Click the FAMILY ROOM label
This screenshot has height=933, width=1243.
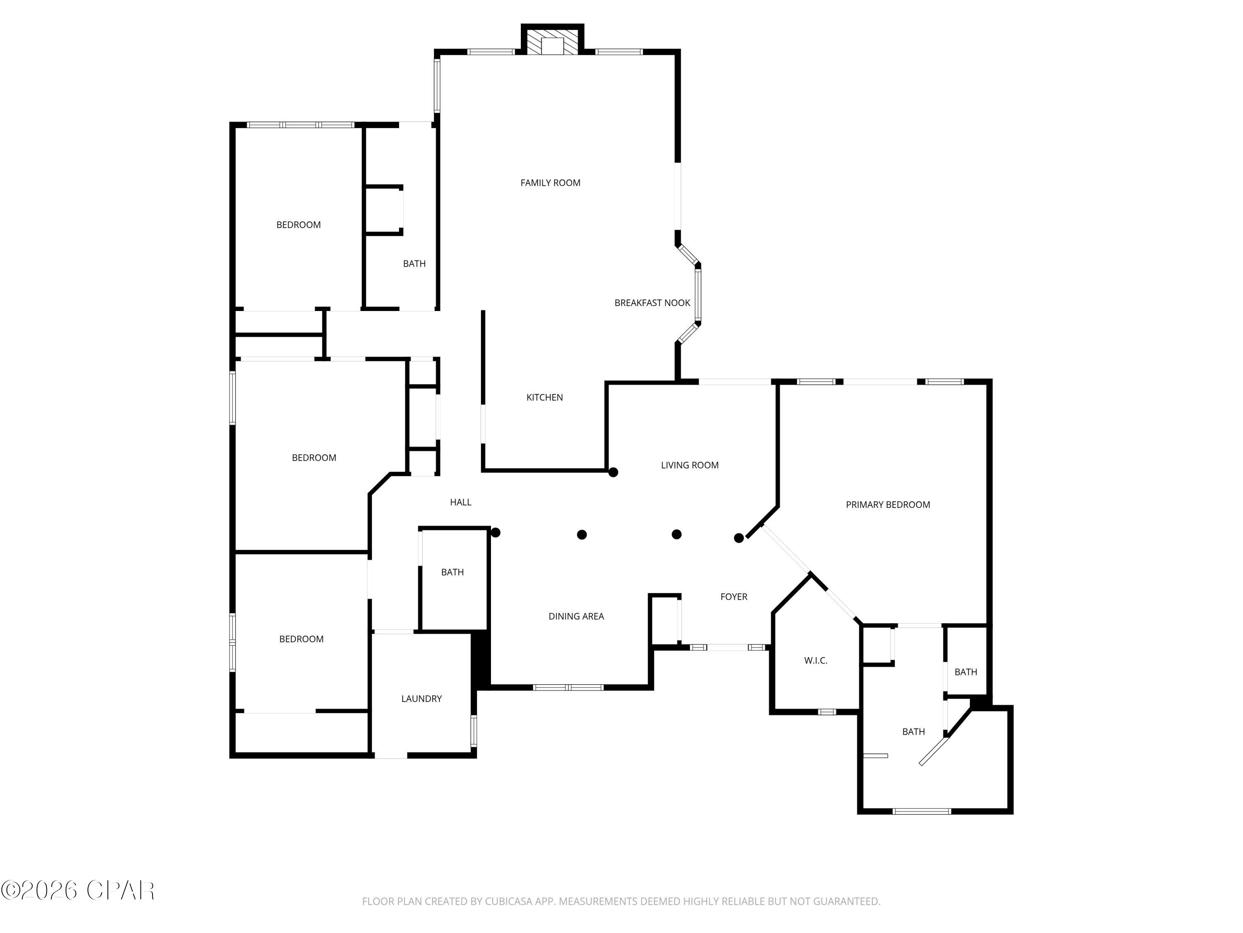(550, 183)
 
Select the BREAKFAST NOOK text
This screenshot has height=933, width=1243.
(652, 303)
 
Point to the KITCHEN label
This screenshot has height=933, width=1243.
(544, 398)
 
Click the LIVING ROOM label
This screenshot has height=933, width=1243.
(689, 465)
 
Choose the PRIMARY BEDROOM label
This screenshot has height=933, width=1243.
(888, 505)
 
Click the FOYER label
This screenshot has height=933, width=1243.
(733, 597)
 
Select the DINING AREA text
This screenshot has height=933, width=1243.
(576, 616)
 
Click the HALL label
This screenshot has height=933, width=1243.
(460, 502)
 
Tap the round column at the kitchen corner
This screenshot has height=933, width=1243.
(613, 472)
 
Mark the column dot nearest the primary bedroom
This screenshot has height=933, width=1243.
(739, 538)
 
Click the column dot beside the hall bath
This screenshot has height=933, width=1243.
(496, 532)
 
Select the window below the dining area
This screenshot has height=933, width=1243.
(568, 687)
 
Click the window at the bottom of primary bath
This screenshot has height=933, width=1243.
(921, 811)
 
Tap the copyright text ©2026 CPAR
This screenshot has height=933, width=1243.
(77, 890)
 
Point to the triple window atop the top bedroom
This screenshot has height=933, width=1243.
(301, 125)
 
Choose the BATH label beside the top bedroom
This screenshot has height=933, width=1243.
(414, 264)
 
